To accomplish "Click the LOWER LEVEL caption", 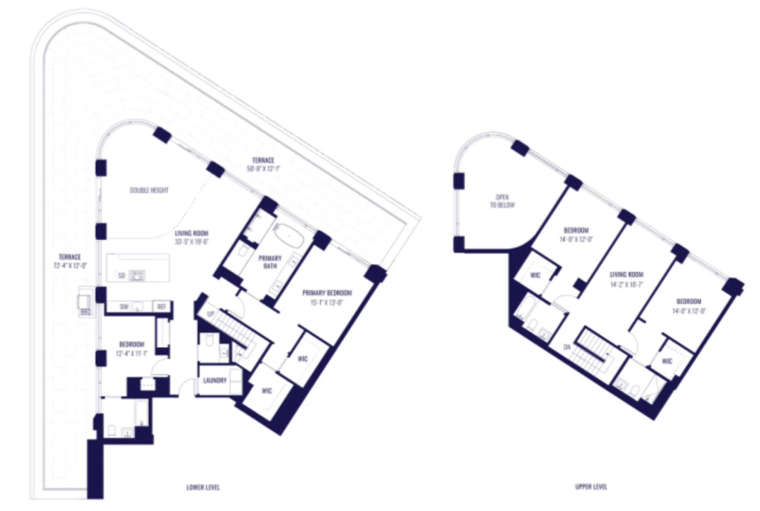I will [203, 487].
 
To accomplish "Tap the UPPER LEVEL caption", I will [591, 487].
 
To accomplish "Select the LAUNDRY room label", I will [215, 380].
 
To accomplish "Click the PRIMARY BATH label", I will [270, 262].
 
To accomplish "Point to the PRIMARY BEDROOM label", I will [327, 293].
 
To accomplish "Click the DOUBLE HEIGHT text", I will [149, 190].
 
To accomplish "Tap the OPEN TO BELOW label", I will [502, 201].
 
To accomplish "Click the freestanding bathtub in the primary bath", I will [289, 235].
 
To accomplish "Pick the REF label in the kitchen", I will [161, 307].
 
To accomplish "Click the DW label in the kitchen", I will [124, 307].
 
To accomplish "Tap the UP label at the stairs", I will [211, 314].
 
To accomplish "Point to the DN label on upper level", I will [567, 347].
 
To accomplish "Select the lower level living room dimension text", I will [192, 241].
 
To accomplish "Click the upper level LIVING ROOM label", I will [626, 274].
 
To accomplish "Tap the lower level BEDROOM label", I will [132, 344].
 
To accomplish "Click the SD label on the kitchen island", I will [122, 275].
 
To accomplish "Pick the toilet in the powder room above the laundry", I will [210, 342].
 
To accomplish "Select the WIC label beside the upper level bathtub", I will [535, 275].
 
